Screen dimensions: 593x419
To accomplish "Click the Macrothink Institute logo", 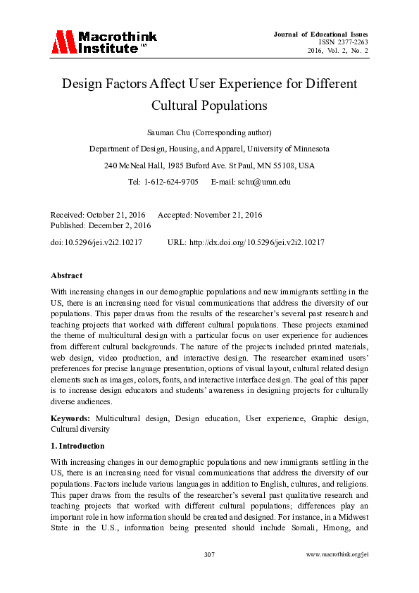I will [x=104, y=42].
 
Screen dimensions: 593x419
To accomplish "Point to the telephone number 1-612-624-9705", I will [x=171, y=181].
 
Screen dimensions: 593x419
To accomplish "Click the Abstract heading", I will [x=66, y=275].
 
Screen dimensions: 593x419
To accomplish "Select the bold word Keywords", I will [x=70, y=418].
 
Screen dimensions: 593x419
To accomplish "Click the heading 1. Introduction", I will [x=77, y=446].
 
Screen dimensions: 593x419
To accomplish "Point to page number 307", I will [x=209, y=555].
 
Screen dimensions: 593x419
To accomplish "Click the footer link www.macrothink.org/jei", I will [x=338, y=555].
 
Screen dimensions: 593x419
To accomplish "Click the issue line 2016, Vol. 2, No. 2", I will [x=337, y=51].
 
